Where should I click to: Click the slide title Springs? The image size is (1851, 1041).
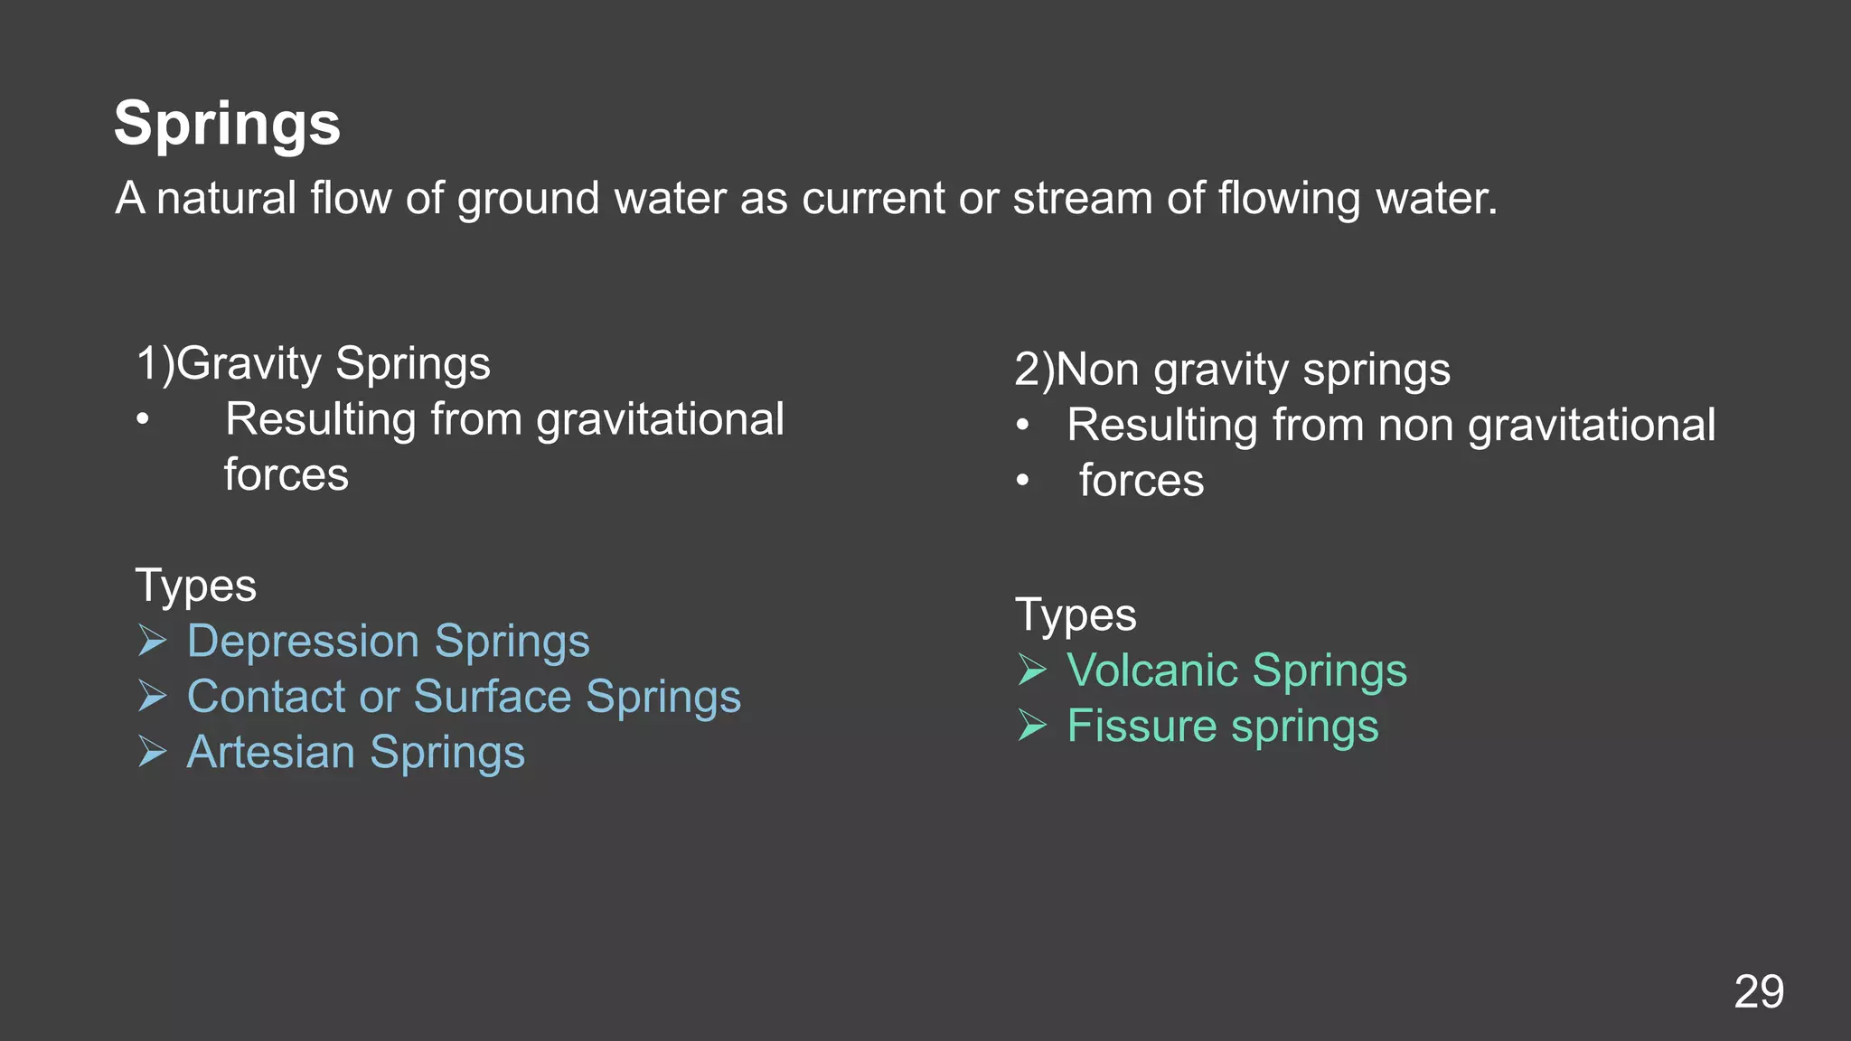coord(227,124)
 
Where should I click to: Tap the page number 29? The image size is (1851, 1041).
coord(1758,992)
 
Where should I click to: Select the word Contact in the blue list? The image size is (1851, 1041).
coord(266,697)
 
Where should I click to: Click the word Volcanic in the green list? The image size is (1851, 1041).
coord(1152,671)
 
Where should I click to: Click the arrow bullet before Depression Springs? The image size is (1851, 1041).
coord(153,641)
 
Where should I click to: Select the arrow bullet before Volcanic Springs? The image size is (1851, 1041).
coord(1032,670)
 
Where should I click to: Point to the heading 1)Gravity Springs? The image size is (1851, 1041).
coord(313,363)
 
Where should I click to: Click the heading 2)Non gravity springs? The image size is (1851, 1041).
coord(1232,370)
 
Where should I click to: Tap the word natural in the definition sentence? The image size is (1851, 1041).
coord(226,198)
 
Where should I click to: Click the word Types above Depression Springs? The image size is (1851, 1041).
coord(195,586)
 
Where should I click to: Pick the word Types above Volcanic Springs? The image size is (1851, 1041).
coord(1076,615)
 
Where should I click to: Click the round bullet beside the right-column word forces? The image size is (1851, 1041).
coord(1022,481)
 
